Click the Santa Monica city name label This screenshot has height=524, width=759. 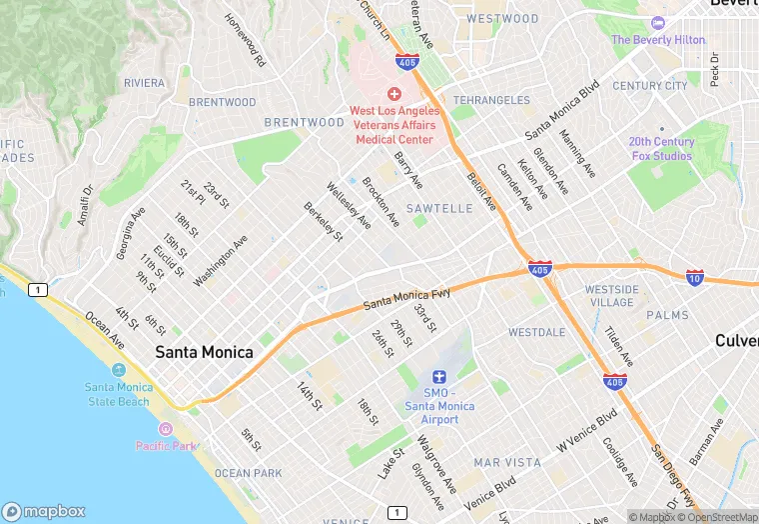click(204, 353)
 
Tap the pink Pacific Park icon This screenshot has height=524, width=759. click(165, 429)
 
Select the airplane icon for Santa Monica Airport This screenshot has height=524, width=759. click(433, 378)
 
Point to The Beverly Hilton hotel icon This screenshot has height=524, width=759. click(657, 23)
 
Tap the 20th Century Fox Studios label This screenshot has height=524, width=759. click(660, 149)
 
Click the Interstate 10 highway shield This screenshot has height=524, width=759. click(694, 276)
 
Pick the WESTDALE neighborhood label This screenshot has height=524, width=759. click(536, 332)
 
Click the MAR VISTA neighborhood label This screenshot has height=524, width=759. click(507, 463)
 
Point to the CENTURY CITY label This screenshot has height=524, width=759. click(649, 86)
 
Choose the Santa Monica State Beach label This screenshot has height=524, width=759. click(118, 394)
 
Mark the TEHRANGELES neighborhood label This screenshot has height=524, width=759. click(491, 101)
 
